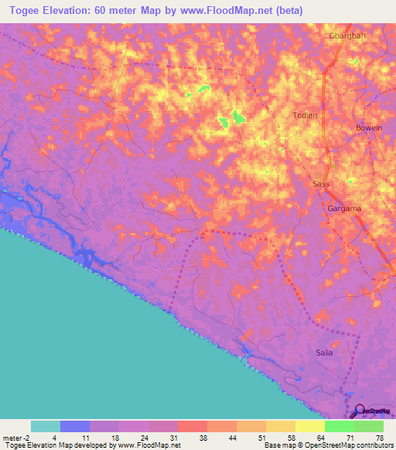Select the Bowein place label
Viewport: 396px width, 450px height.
click(369, 128)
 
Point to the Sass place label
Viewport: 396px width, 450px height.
click(321, 183)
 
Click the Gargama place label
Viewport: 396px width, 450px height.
click(345, 209)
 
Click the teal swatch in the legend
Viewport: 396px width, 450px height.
click(46, 426)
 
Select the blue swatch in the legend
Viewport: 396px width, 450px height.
click(75, 426)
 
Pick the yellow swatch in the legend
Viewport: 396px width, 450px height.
click(309, 426)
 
